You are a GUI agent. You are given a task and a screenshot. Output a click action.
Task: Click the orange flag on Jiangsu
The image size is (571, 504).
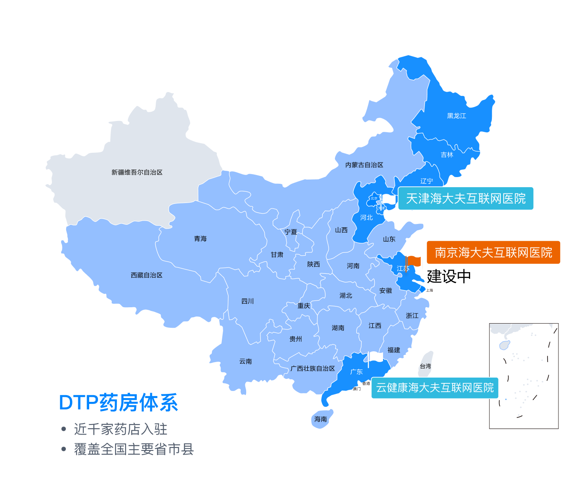414,261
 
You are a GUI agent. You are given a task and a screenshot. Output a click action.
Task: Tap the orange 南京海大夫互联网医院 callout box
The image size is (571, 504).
493,252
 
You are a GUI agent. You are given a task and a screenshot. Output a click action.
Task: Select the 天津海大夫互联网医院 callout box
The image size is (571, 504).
466,198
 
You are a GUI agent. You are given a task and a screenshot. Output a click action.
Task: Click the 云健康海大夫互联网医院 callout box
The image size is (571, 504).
435,388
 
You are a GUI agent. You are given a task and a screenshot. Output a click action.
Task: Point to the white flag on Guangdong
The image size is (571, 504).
376,357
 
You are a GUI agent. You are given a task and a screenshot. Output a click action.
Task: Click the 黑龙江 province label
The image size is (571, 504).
456,116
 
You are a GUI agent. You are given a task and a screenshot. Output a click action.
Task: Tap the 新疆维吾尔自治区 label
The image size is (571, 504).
137,172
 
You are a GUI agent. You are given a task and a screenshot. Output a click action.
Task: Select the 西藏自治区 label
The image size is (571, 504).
147,275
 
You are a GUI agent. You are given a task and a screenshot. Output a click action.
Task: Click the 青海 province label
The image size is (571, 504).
200,239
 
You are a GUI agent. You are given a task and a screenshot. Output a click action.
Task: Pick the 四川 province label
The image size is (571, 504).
247,301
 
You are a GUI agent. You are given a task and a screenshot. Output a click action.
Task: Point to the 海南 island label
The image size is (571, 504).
321,419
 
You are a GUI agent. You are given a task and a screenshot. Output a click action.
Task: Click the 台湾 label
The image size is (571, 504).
425,366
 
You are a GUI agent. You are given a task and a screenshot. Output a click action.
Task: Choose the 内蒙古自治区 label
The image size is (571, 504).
364,165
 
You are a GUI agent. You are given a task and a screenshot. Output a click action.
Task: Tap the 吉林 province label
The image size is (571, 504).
447,155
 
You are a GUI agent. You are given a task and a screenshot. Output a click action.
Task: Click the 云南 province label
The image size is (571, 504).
246,361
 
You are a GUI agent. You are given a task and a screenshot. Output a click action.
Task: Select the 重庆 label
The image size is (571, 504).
304,306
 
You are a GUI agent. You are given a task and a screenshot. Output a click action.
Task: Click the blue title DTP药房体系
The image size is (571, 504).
118,403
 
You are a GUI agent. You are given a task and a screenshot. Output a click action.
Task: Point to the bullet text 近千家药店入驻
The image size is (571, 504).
121,429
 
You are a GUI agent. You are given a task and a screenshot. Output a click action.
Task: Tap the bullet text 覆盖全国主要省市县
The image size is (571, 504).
134,449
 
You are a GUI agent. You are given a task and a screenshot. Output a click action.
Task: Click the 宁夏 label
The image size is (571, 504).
291,232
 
